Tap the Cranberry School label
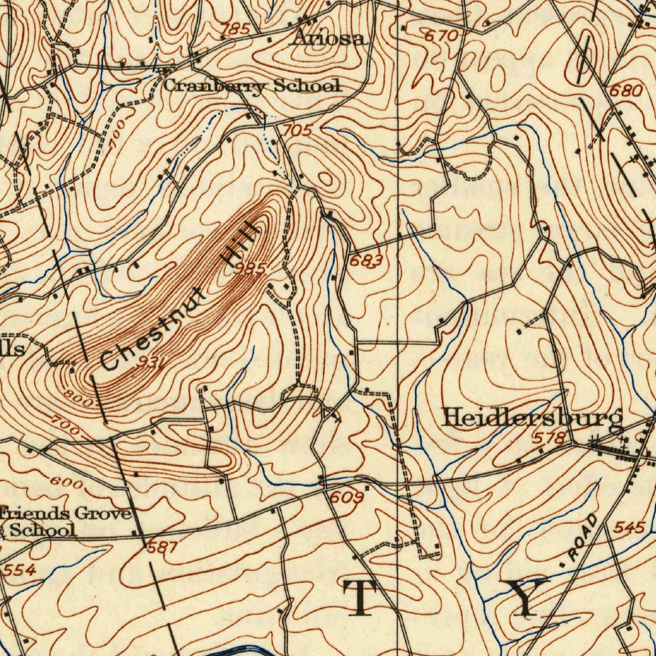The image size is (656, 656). [x=252, y=85]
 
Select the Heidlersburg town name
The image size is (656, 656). [x=532, y=418]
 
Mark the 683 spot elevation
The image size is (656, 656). [x=366, y=261]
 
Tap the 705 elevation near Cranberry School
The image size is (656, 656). [x=297, y=130]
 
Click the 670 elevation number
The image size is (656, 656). [x=442, y=37]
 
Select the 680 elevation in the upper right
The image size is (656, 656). [x=625, y=90]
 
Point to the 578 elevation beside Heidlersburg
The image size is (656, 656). [x=550, y=438]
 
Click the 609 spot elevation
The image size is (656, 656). [x=347, y=496]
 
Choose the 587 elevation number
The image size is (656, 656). [x=163, y=547]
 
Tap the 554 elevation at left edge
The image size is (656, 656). [x=19, y=570]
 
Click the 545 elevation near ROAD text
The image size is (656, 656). [x=629, y=528]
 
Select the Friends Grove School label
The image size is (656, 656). [x=64, y=521]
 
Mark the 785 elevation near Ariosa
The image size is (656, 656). [x=234, y=29]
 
